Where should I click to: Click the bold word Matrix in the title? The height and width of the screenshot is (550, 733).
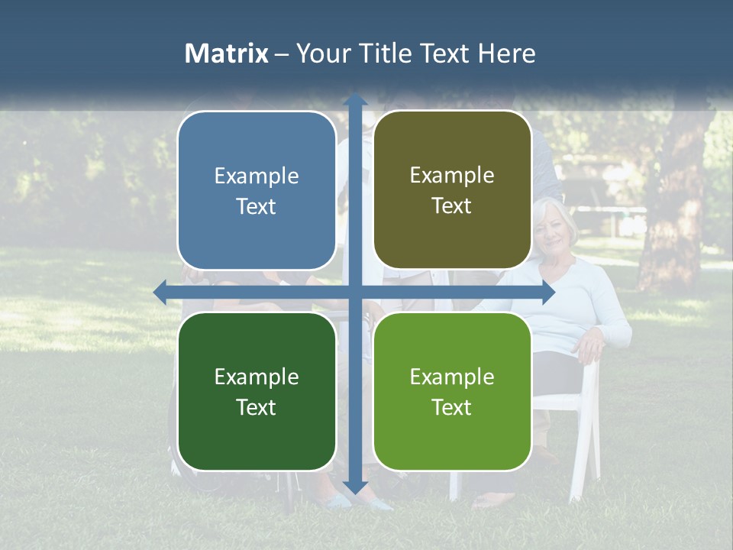226,53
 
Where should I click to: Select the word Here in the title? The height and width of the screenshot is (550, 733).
506,53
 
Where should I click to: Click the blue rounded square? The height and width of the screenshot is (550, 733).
257,190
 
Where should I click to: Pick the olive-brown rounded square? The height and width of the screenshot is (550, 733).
452,190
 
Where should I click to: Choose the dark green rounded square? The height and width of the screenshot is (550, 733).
257,391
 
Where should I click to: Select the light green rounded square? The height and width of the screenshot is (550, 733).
452,391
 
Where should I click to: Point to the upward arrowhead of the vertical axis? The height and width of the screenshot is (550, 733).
354,102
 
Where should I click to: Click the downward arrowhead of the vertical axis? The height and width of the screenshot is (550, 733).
354,487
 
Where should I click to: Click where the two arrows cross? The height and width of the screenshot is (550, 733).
354,293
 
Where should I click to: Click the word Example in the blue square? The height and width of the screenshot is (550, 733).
257,176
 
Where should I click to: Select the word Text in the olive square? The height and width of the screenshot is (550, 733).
452,206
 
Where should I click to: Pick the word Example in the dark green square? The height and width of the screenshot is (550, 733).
257,377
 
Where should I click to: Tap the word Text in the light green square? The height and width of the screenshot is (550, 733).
452,407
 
